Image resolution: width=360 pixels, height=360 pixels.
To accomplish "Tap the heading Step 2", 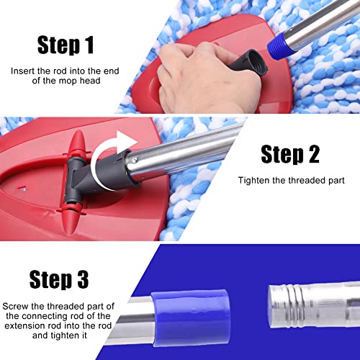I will [x=289, y=154].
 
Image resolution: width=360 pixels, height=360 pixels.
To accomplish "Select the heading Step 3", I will [x=68, y=279].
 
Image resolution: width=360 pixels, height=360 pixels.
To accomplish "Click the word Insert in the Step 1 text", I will [x=23, y=71].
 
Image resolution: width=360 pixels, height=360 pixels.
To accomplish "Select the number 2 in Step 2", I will [x=310, y=154].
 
